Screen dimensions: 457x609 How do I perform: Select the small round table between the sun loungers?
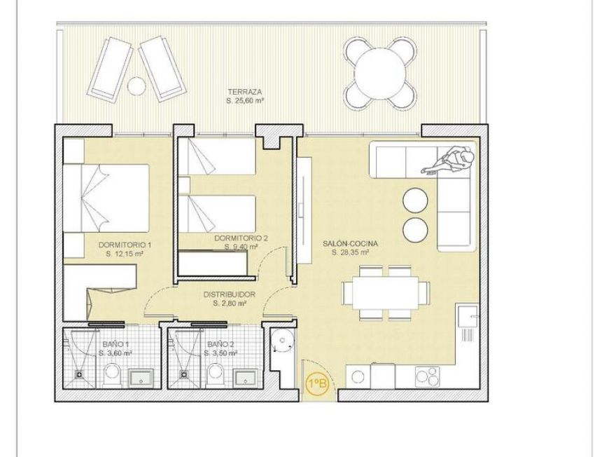pyautogui.click(x=136, y=85)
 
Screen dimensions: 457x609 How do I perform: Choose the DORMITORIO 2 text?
pyautogui.click(x=241, y=238)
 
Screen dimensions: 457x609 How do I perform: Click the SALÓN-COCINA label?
pyautogui.click(x=346, y=243)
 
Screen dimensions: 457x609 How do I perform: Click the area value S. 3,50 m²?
pyautogui.click(x=220, y=354)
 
